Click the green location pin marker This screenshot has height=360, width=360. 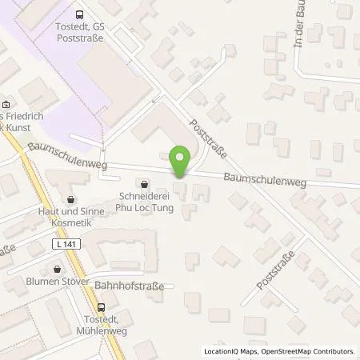coord(181,162)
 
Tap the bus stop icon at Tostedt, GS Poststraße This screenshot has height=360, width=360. coord(79,14)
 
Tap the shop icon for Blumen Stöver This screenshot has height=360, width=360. coord(57,270)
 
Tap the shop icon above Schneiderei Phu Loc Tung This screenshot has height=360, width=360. coord(143,181)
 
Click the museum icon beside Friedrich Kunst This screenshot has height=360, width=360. coord(6,105)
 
